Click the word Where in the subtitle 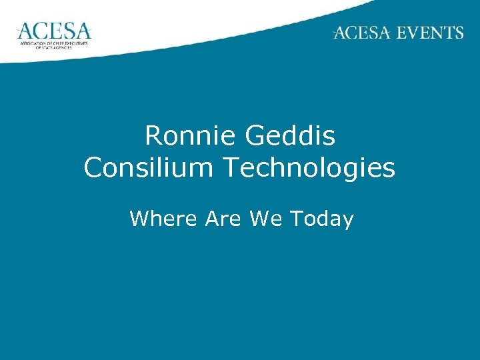(x=165, y=218)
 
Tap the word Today (x=322, y=219)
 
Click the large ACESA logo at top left (x=53, y=31)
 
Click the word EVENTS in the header (x=429, y=33)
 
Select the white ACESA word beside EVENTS (x=363, y=33)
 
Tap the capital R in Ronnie (x=153, y=137)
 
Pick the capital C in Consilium (x=92, y=169)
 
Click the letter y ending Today (x=347, y=221)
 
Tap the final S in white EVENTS (x=458, y=33)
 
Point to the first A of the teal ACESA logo (x=25, y=31)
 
